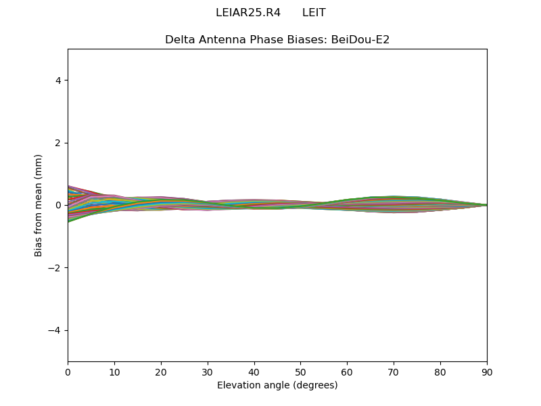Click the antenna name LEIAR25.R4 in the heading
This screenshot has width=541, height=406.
(248, 13)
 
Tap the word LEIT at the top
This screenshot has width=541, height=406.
(314, 13)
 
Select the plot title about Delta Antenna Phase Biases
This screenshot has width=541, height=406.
(277, 40)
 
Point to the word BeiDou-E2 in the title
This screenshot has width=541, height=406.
(360, 40)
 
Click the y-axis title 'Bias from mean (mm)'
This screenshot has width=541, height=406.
(38, 206)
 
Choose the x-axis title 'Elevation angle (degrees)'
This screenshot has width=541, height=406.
(277, 385)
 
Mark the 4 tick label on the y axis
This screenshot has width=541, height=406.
(58, 81)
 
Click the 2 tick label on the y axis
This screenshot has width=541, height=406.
(58, 143)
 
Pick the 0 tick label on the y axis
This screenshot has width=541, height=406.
(58, 206)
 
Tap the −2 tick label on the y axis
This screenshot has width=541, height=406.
(55, 268)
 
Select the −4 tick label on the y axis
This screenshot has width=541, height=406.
(55, 330)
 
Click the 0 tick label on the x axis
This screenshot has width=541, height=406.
(68, 373)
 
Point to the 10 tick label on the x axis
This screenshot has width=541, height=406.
(114, 373)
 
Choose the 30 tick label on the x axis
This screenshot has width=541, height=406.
(208, 373)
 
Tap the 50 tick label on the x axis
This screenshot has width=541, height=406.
(300, 373)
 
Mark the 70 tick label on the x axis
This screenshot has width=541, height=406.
(394, 373)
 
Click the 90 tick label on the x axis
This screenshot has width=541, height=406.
(487, 373)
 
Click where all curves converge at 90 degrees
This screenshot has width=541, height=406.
(487, 205)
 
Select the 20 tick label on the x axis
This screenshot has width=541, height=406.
(161, 373)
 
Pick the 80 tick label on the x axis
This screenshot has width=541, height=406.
(440, 373)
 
